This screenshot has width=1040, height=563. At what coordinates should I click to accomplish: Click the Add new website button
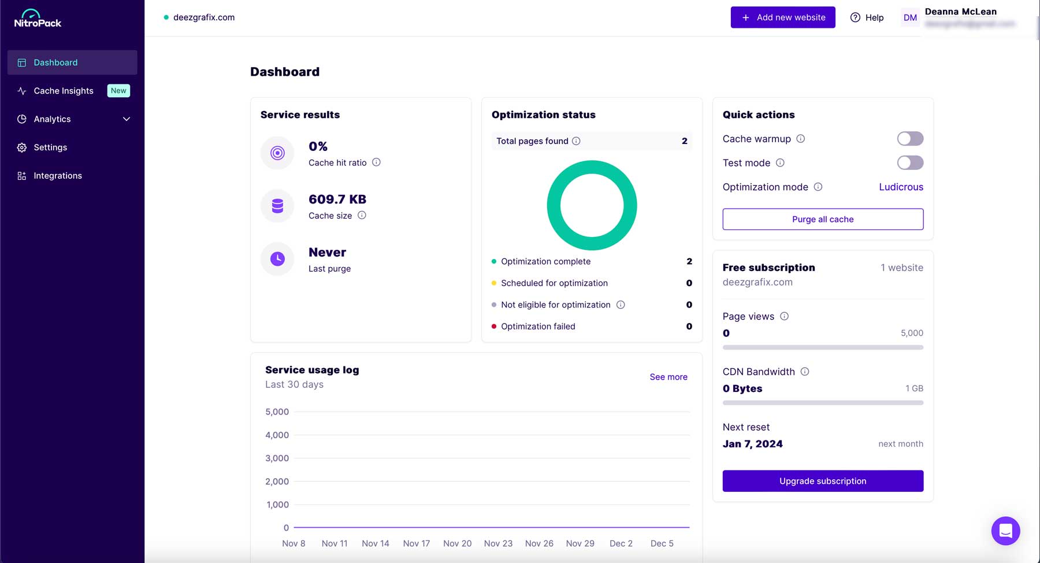coord(782,17)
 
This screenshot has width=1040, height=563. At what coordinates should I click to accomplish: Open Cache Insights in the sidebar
coord(64,91)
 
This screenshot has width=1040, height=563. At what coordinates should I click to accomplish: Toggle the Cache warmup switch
coord(909,139)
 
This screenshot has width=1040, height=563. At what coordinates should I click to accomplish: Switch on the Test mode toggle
coord(909,163)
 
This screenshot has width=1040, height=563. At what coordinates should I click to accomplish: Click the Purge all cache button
coord(822,219)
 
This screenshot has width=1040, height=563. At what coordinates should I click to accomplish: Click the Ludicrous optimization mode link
coord(901,187)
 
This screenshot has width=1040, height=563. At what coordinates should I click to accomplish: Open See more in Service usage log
coord(668,377)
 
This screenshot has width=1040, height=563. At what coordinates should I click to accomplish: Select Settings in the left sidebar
coord(50,147)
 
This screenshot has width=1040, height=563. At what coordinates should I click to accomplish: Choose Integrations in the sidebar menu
coord(57,176)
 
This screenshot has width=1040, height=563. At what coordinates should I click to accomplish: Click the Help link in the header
coord(867,17)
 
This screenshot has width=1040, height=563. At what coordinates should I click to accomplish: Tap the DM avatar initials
coord(910,17)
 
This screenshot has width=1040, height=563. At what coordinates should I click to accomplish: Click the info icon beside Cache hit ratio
coord(376,162)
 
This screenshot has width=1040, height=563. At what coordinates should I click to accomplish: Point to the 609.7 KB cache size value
coord(337,199)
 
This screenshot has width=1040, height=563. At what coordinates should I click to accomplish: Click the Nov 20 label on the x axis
coord(457,543)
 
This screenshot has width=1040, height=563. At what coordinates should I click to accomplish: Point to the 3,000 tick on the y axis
coord(277,458)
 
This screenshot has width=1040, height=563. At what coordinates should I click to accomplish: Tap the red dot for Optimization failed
coord(494,327)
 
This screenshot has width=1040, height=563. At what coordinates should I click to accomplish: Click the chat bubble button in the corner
coord(1005,531)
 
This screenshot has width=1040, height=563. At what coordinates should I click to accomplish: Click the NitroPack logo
coord(38,18)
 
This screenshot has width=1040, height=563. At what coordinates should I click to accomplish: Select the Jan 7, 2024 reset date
coord(752,444)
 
